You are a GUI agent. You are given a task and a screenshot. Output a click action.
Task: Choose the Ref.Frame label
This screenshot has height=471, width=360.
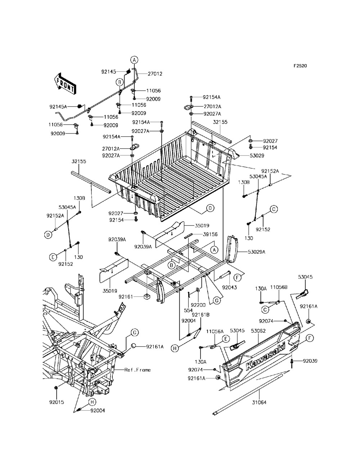tap(138, 370)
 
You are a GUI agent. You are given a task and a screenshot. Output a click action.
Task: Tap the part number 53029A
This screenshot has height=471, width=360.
tap(256, 252)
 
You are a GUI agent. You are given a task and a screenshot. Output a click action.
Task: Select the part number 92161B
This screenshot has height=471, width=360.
tap(203, 314)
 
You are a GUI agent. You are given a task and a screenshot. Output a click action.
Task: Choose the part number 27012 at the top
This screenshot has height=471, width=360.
tap(155, 74)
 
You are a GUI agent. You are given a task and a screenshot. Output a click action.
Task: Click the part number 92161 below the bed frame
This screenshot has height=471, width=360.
tap(126, 297)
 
